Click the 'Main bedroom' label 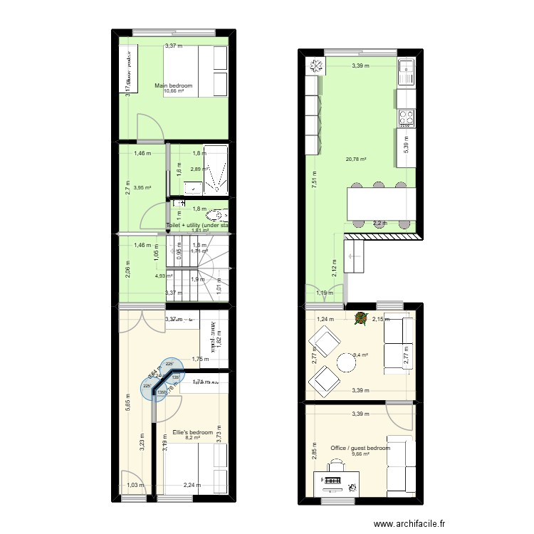tap(174, 85)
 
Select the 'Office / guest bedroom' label tap(360, 448)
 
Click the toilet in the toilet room tap(215, 214)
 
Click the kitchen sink tap(406, 69)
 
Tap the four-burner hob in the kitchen tap(406, 115)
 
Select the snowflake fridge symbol tap(315, 67)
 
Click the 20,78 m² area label tap(356, 159)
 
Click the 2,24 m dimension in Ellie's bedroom tap(191, 486)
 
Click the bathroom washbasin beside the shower tap(192, 187)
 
